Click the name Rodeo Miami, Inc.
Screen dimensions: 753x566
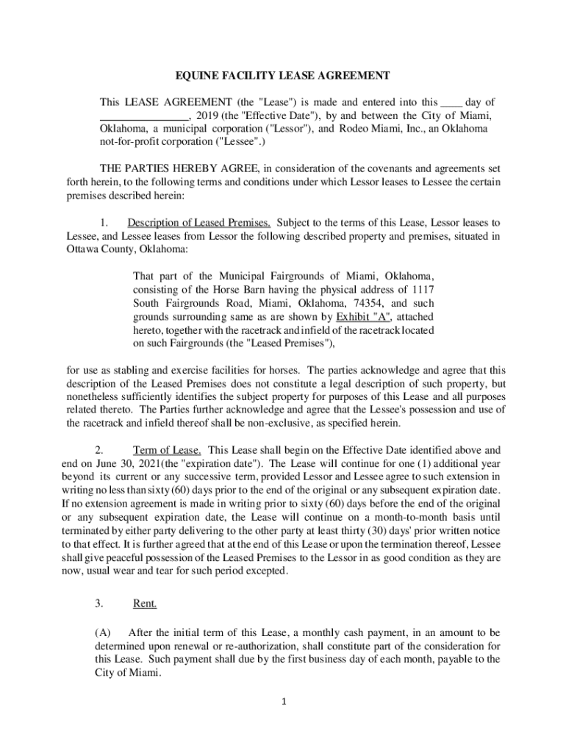click(x=368, y=129)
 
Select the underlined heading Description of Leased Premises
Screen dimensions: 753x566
click(x=199, y=222)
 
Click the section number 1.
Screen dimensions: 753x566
click(x=104, y=222)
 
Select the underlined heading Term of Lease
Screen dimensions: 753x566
click(x=167, y=449)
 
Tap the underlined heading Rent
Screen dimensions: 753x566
click(x=144, y=604)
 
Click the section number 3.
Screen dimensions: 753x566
click(x=98, y=604)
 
